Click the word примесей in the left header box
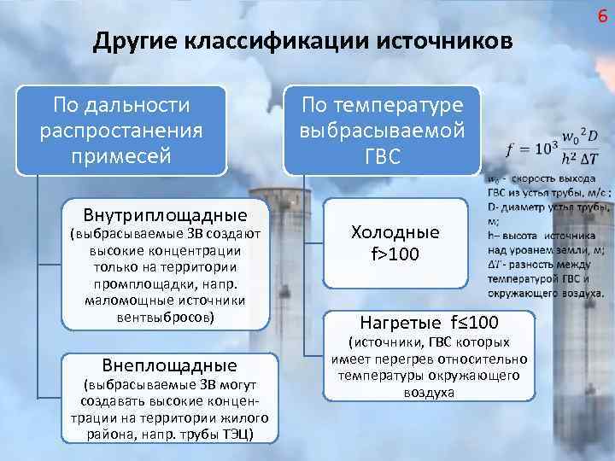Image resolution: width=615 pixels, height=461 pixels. point(121,156)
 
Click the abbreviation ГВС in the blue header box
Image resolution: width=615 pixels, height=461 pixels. point(382,158)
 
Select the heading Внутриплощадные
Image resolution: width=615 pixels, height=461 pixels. point(165,213)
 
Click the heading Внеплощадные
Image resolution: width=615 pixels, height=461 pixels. point(165,365)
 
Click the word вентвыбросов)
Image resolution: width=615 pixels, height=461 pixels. point(166,317)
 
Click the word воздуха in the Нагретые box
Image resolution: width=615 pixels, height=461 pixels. point(429,393)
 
